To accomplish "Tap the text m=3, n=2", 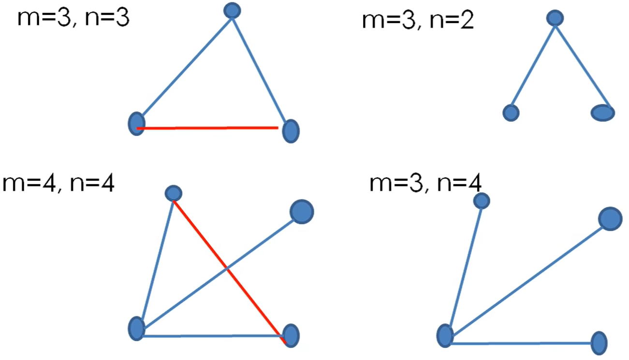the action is (418, 21).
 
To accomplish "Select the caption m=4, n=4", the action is (58, 184).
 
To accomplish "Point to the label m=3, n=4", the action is (425, 184).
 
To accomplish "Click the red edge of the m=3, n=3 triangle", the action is (208, 128).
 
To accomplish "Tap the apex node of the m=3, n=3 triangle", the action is (233, 10).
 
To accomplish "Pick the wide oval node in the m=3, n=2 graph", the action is (602, 113).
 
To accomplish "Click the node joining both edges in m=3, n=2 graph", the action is (555, 18).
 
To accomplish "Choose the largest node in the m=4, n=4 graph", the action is (302, 211).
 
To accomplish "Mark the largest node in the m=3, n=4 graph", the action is (610, 219).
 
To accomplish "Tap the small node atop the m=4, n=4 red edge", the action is (173, 193).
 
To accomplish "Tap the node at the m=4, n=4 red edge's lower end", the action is (291, 335).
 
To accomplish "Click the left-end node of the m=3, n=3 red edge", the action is (137, 124).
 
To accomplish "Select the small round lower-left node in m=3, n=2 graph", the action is (511, 113).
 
